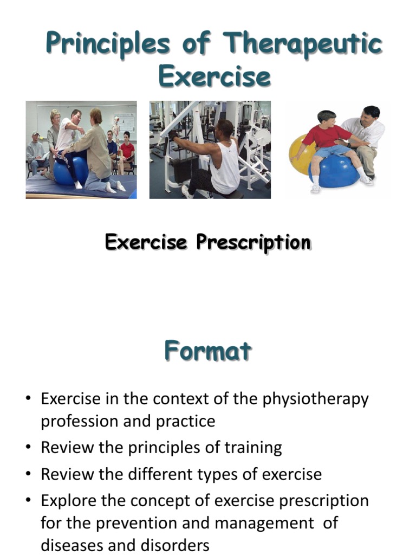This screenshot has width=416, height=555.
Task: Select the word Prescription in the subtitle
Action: tap(253, 242)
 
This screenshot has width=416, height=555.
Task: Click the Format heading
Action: tap(208, 351)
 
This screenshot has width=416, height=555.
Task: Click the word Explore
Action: tap(71, 500)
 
